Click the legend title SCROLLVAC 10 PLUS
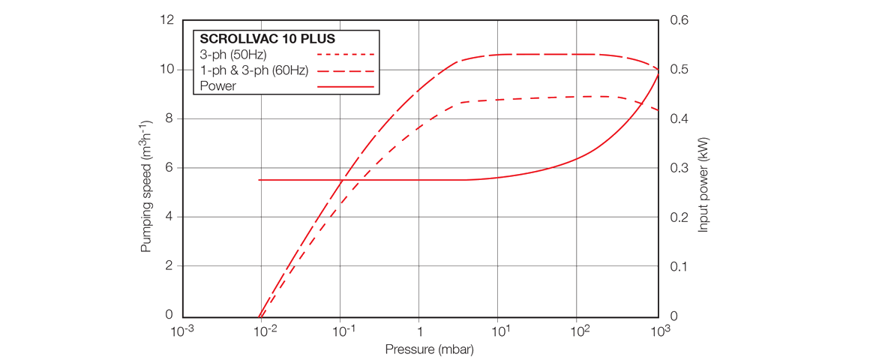(x=267, y=39)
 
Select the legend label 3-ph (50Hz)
(x=233, y=55)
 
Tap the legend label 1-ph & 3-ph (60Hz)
(x=254, y=70)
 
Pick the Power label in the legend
(x=218, y=86)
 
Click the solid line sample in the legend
(x=345, y=87)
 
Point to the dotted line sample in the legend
(x=345, y=55)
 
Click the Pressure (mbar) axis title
(x=430, y=349)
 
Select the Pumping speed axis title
(x=146, y=184)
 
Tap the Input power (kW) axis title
(x=703, y=184)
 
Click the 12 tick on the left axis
(x=167, y=19)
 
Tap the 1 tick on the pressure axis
(x=420, y=331)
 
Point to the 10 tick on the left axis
(x=167, y=69)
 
